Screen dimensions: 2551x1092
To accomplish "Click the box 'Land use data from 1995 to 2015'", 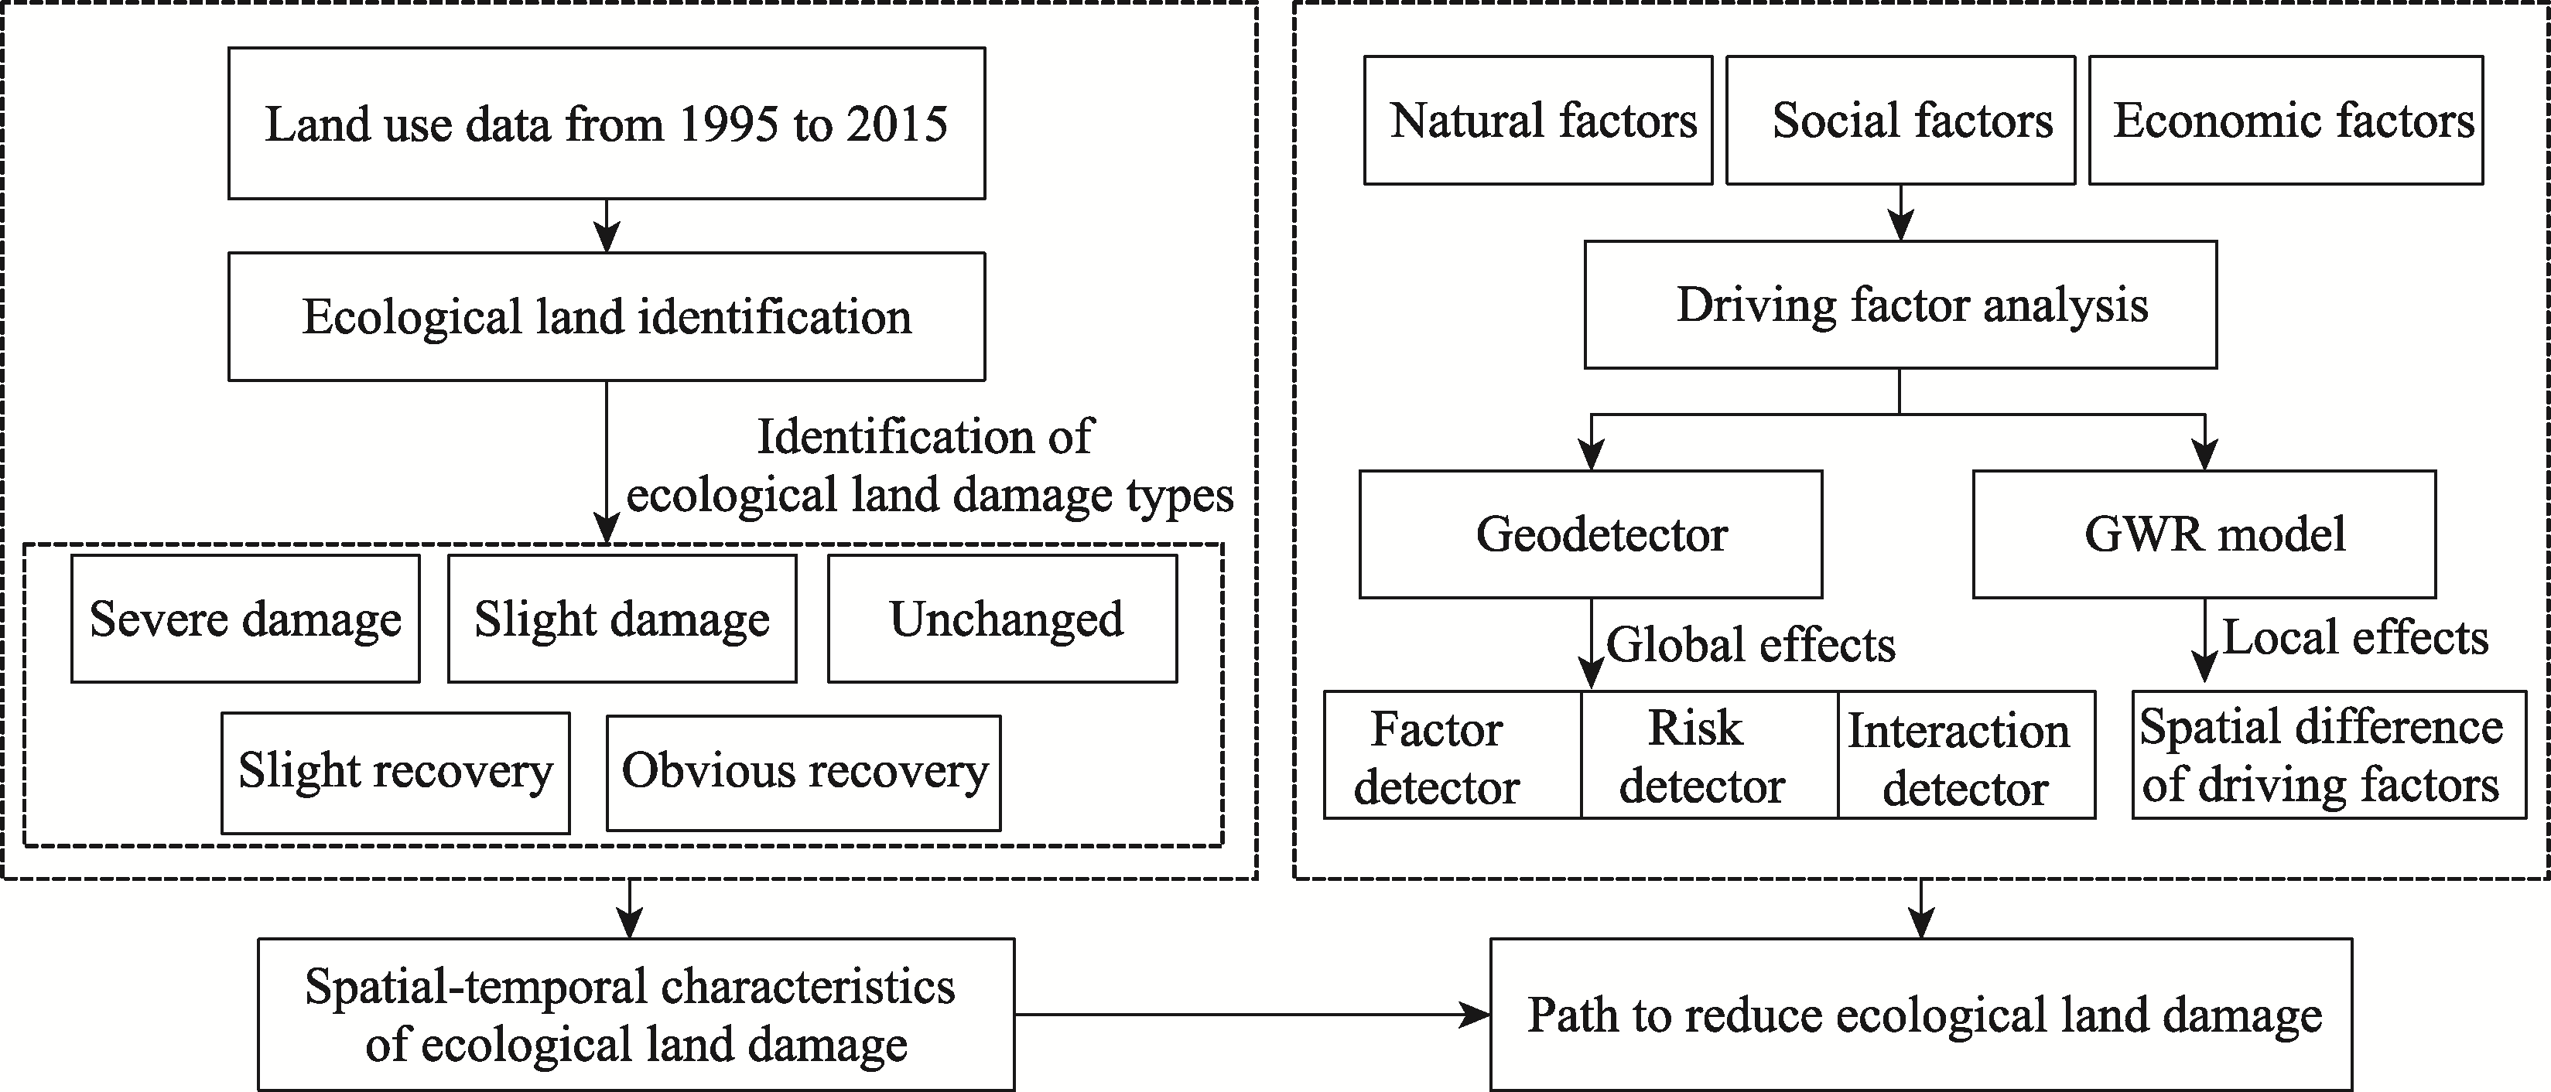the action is point(606,124).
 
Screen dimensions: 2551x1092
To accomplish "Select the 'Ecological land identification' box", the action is point(606,317).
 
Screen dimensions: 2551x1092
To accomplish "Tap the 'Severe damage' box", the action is point(245,619).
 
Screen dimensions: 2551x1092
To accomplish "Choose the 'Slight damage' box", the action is point(622,619).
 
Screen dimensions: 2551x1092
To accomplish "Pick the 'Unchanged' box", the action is point(1002,619).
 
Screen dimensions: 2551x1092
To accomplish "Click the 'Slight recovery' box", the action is point(395,773).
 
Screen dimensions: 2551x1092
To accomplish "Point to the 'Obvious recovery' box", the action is point(803,773).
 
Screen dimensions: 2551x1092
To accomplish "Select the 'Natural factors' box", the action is point(1538,120).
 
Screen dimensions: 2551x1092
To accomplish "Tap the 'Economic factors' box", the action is point(2286,120).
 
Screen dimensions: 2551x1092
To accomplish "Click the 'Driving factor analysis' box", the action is point(1900,305).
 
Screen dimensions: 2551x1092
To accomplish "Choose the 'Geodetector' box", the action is point(1591,534).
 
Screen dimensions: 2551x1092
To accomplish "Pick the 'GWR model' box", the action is point(2204,534).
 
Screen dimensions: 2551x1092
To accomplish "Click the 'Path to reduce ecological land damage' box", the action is point(1921,1015).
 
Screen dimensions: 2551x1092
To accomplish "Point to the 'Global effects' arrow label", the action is point(1751,644).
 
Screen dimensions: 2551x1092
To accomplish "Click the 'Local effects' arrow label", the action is point(2356,637).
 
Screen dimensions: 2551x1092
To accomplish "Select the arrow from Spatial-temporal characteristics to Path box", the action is point(1253,1015).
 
